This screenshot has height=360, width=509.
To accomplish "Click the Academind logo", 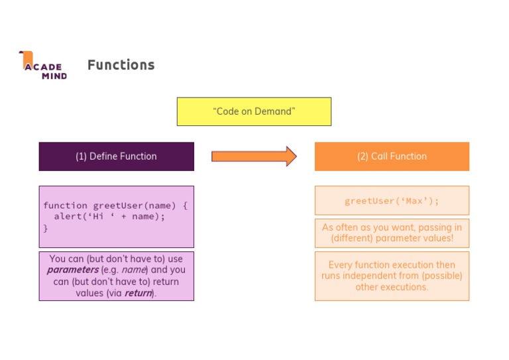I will pos(42,66).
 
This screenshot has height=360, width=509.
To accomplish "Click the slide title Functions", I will pos(121,65).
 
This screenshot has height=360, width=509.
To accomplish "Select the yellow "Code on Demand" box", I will pos(254,111).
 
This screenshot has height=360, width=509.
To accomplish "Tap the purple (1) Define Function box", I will pos(116,156).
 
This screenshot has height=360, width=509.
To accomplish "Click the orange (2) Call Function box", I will pos(392,156).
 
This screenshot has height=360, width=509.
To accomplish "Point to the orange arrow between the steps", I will pos(254,156).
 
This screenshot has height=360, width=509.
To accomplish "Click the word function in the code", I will pos(65,206).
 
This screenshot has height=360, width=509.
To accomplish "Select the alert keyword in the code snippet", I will pos(68,216).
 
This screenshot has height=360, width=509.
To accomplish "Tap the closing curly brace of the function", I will pos(46,227).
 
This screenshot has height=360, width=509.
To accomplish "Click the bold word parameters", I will pos(72,270).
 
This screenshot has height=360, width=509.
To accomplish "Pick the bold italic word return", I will pos(139,293).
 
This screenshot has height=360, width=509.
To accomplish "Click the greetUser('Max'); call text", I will pos(392,201).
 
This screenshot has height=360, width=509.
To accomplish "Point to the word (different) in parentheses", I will pos(357,238).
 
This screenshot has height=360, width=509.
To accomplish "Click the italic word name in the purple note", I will pos(133,270).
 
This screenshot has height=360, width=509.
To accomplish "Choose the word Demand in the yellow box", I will pos(274,111).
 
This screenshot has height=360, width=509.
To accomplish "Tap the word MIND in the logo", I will pos(54,76).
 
